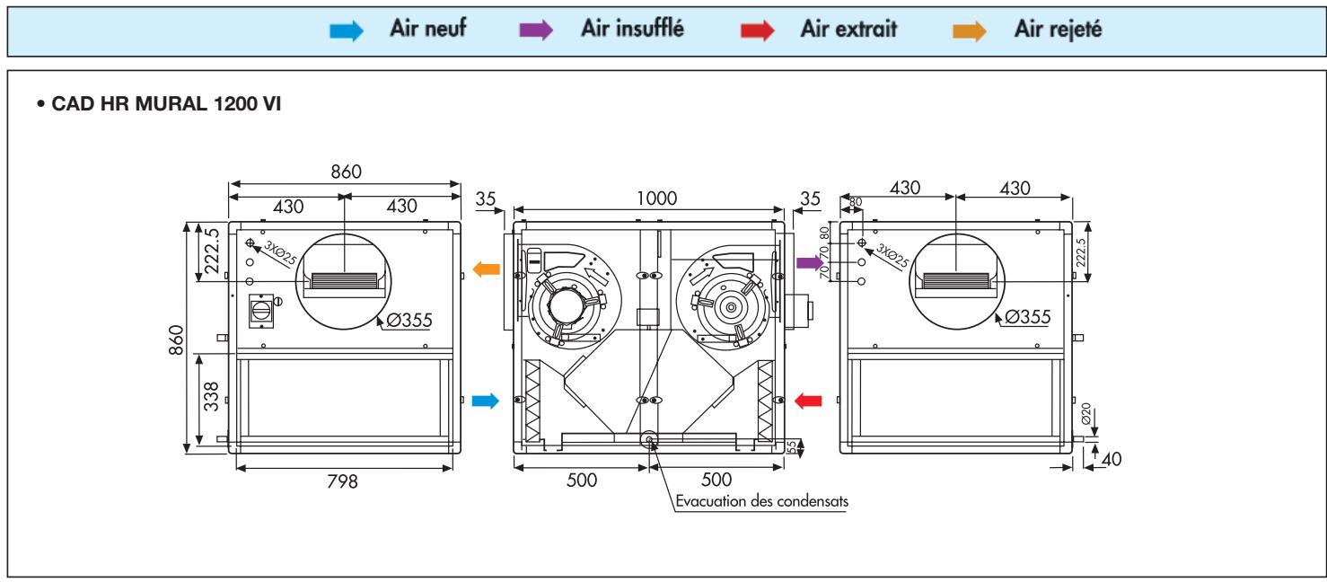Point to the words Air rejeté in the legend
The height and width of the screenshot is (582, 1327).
point(1059,29)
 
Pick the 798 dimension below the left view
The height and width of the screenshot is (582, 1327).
point(342,481)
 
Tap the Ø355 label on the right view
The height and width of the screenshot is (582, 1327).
point(1027,316)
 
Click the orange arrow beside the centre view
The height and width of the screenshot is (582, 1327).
point(486,267)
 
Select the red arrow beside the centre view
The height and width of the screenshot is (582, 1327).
point(808,401)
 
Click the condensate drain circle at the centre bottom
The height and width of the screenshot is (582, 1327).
point(648,438)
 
